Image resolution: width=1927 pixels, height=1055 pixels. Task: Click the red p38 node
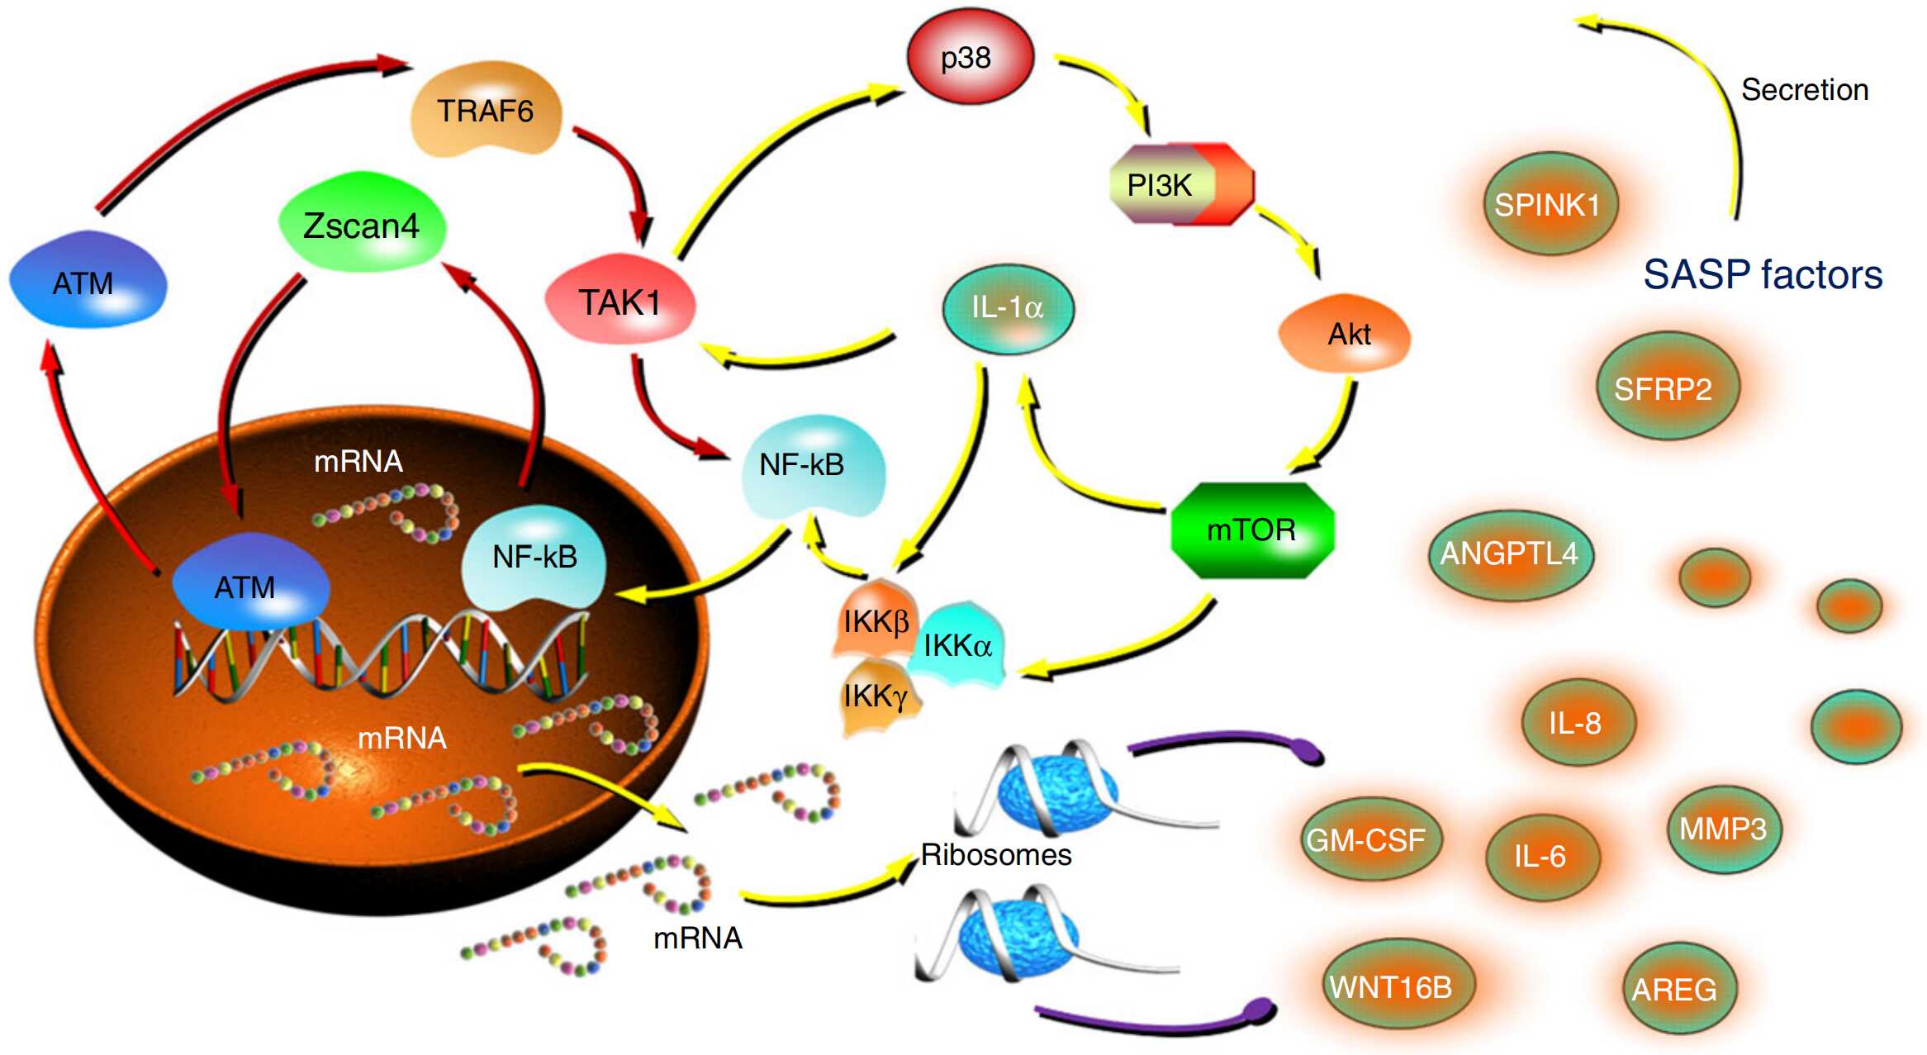point(970,57)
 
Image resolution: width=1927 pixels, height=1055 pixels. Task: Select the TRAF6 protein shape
point(486,110)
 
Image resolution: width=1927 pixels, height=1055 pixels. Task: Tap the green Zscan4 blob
point(362,225)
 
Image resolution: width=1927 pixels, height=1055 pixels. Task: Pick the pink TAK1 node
point(620,302)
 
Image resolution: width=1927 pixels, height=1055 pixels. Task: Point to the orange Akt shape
point(1345,334)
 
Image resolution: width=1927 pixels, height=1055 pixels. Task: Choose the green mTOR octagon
point(1252,530)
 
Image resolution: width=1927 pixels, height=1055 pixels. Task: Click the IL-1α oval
point(1008,308)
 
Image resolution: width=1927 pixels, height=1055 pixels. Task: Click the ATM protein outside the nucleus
point(88,281)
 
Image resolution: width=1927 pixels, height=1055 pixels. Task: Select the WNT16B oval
point(1391,986)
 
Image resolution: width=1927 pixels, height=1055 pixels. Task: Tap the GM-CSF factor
point(1366,840)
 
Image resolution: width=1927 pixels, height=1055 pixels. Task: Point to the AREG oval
point(1674,989)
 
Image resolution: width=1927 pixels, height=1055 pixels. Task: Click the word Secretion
point(1805,89)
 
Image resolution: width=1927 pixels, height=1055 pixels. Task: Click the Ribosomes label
point(996,854)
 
